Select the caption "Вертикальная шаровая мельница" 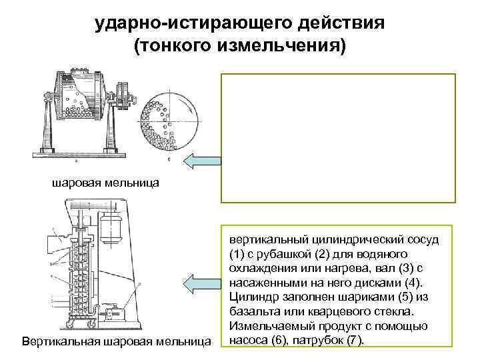tap(117, 343)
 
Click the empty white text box tap(338, 137)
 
